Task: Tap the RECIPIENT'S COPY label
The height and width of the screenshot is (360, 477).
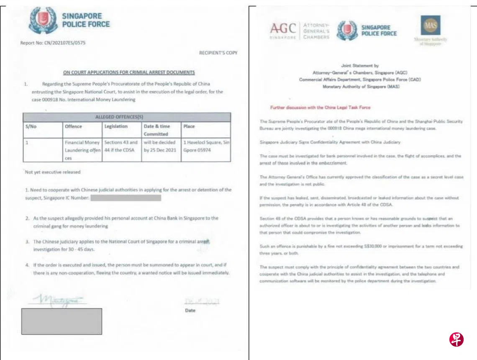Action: [x=218, y=53]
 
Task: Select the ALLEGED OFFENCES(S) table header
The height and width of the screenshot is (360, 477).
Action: [x=126, y=117]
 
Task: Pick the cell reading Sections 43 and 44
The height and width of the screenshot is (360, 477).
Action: [x=121, y=146]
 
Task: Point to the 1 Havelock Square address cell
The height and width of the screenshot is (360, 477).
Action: [x=206, y=146]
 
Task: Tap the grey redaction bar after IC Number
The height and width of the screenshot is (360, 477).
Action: [x=126, y=198]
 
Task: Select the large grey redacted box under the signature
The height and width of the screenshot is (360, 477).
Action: [x=62, y=321]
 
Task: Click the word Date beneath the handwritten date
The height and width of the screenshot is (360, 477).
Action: [x=190, y=311]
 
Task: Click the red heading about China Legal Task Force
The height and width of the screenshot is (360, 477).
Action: [x=320, y=108]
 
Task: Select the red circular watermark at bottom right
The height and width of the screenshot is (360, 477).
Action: [x=456, y=339]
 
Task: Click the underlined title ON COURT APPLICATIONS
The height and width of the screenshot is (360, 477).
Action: [x=128, y=72]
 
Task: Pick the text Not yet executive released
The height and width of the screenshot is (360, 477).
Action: [x=53, y=172]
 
